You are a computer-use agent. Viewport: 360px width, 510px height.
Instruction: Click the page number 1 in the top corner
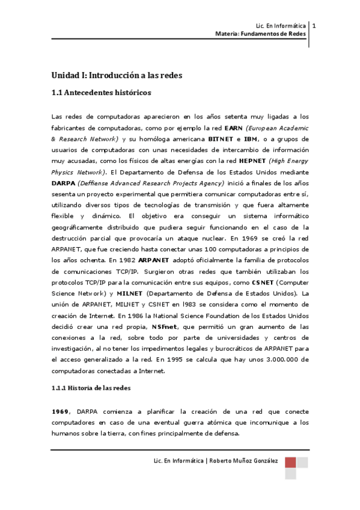[315, 25]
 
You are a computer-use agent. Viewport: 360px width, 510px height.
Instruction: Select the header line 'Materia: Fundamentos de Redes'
[260, 34]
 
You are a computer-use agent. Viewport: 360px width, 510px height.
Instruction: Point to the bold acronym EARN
[233, 128]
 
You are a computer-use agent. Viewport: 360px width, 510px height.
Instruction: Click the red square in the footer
[290, 462]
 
